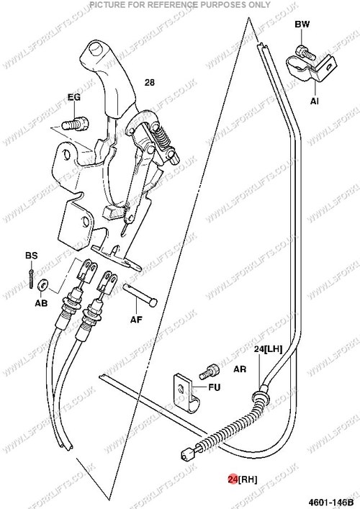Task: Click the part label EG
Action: coord(74,97)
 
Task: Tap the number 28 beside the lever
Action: coord(149,83)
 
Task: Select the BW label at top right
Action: coord(302,24)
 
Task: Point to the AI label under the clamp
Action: coord(314,102)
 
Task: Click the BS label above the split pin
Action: coord(32,256)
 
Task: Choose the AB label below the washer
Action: coord(41,303)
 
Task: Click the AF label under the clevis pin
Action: coord(136,320)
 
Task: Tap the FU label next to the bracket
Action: coord(215,387)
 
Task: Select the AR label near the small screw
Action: coord(240,369)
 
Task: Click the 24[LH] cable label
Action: coord(268,349)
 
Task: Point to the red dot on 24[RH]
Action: coord(233,479)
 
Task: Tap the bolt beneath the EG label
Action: coord(75,124)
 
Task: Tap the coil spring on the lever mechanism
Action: coord(162,137)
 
